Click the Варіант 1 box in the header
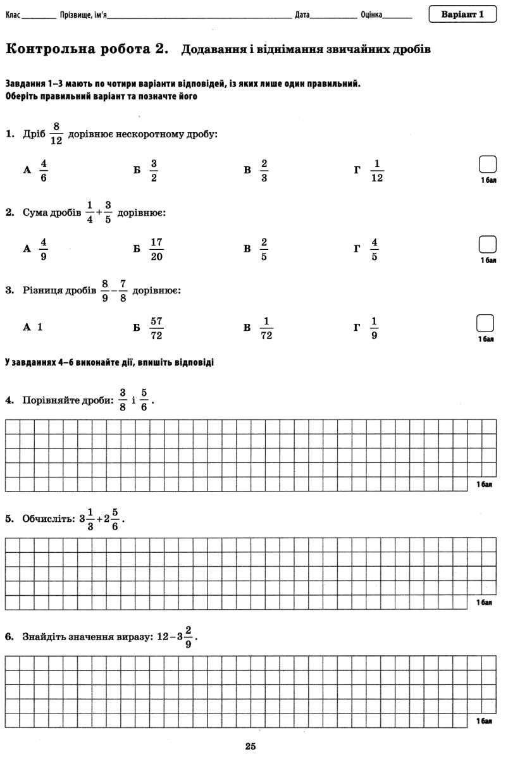462,14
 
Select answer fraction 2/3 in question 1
264,170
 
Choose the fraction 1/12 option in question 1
377,170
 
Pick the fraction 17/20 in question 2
157,249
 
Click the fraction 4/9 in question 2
44,249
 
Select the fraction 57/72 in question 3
156,328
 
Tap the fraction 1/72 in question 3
266,328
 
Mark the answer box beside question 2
488,244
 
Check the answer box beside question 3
485,323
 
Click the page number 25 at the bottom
251,746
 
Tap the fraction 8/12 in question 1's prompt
56,133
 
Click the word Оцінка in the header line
371,15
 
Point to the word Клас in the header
13,15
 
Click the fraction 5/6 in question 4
144,400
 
